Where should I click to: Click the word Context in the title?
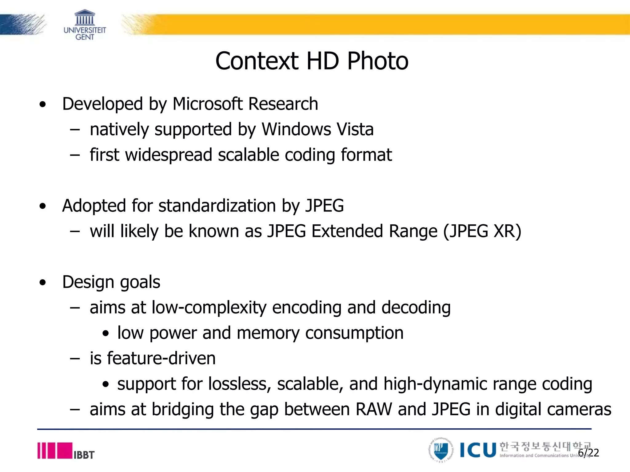[257, 61]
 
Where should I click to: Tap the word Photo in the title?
[378, 61]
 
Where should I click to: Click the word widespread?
[169, 155]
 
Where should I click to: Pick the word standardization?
[217, 206]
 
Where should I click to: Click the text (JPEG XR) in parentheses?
[482, 231]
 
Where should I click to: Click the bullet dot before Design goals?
[43, 282]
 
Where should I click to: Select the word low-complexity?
[209, 308]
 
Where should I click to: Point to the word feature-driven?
[161, 358]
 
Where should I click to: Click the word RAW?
[374, 409]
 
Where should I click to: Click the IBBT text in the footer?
[84, 455]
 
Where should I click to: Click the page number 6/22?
[588, 453]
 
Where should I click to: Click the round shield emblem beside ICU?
[441, 450]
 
